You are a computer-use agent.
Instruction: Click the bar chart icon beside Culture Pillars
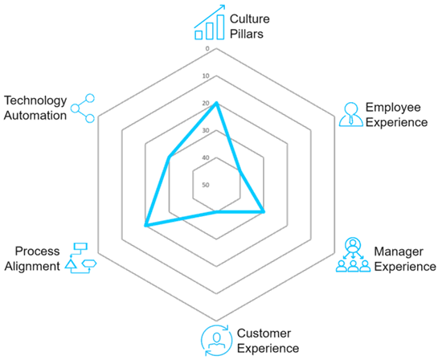click(x=210, y=22)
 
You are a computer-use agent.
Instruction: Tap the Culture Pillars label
click(x=249, y=27)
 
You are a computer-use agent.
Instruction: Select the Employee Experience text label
click(x=396, y=115)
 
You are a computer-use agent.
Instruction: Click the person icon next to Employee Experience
click(x=350, y=114)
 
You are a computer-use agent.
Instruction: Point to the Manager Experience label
click(x=405, y=259)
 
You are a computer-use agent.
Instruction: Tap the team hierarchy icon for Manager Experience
click(x=353, y=255)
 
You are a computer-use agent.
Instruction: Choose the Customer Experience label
click(x=268, y=341)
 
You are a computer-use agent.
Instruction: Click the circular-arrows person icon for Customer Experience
click(x=216, y=340)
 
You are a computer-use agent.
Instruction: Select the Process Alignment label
click(x=32, y=259)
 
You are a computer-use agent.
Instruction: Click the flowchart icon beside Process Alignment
click(x=80, y=258)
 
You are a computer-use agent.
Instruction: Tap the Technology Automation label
click(x=35, y=108)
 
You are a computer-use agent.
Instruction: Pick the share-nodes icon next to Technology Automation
click(x=82, y=108)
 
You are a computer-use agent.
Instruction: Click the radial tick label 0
click(x=207, y=49)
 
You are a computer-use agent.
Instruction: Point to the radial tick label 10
click(x=206, y=76)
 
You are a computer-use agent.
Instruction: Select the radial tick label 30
click(x=206, y=130)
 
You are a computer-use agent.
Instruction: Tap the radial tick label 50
click(x=206, y=185)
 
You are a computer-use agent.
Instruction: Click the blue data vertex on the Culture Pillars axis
click(x=216, y=103)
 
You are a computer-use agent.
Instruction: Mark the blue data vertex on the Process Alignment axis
click(x=145, y=225)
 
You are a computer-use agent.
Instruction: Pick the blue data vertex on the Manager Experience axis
click(x=264, y=211)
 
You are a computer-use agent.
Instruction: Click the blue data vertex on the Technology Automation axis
click(x=169, y=157)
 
